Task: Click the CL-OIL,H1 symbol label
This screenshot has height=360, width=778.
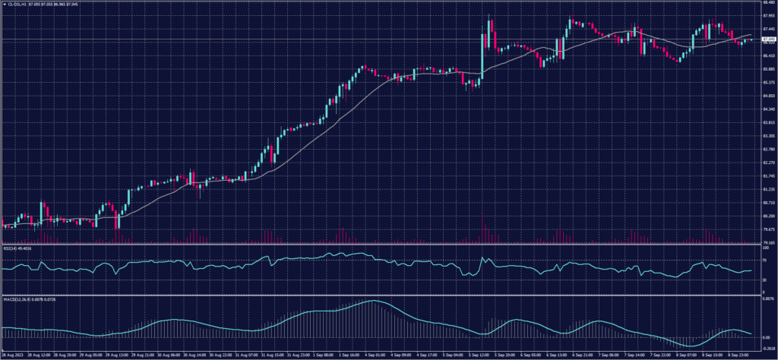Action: tap(16, 5)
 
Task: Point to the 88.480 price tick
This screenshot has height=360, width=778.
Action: tap(766, 2)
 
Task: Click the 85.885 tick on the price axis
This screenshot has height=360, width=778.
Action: tap(766, 69)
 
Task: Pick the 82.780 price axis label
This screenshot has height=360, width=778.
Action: tap(766, 149)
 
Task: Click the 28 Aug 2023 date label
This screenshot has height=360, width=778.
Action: tap(11, 355)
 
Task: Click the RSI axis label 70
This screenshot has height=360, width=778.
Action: tap(763, 260)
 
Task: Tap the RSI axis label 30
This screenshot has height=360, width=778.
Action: tap(763, 279)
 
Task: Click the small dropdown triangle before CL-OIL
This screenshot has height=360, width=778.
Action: tap(3, 5)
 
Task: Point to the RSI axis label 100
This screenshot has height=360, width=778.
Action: tap(764, 245)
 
